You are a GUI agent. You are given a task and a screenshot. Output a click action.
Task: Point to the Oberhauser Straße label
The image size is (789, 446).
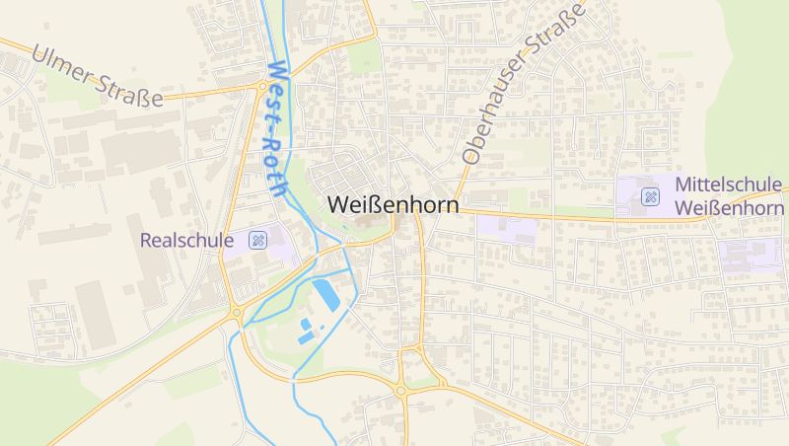522,83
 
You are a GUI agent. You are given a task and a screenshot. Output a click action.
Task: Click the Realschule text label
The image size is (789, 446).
187,240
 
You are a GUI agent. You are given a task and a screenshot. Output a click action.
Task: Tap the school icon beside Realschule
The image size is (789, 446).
257,240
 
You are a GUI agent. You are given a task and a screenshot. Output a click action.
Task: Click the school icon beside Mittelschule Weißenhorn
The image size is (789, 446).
650,196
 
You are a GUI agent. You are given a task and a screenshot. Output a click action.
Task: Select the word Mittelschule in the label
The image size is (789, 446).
729,185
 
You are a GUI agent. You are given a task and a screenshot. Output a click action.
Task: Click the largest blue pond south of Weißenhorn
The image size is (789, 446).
323,293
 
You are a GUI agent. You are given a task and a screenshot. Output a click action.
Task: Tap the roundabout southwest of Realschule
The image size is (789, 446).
237,314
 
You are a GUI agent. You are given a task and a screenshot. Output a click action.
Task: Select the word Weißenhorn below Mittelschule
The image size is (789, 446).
729,208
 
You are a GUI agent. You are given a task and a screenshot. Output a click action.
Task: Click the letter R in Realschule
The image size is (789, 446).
147,240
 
